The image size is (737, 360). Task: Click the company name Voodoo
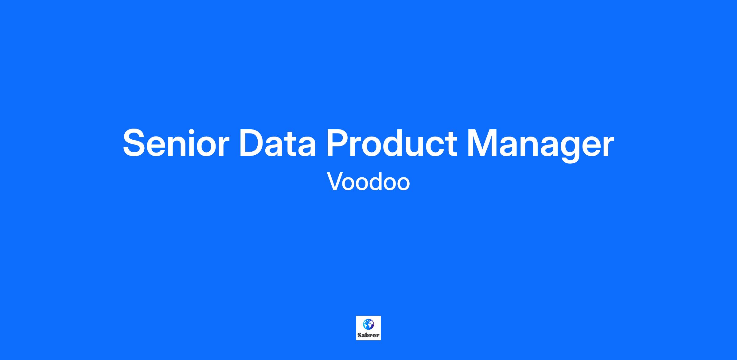[368, 181]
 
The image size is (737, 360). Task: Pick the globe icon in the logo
[368, 324]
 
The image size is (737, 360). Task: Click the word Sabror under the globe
[368, 335]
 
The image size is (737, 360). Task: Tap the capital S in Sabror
[359, 335]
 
